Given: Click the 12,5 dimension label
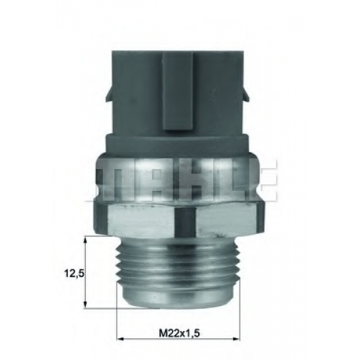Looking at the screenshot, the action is pyautogui.click(x=74, y=273).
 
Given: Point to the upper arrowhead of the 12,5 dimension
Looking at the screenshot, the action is pyautogui.click(x=85, y=240).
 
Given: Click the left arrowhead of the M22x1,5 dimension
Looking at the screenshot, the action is pyautogui.click(x=121, y=339).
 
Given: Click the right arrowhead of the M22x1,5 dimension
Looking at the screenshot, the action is pyautogui.click(x=235, y=339).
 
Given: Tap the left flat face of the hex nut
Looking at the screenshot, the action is pyautogui.click(x=142, y=220).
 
